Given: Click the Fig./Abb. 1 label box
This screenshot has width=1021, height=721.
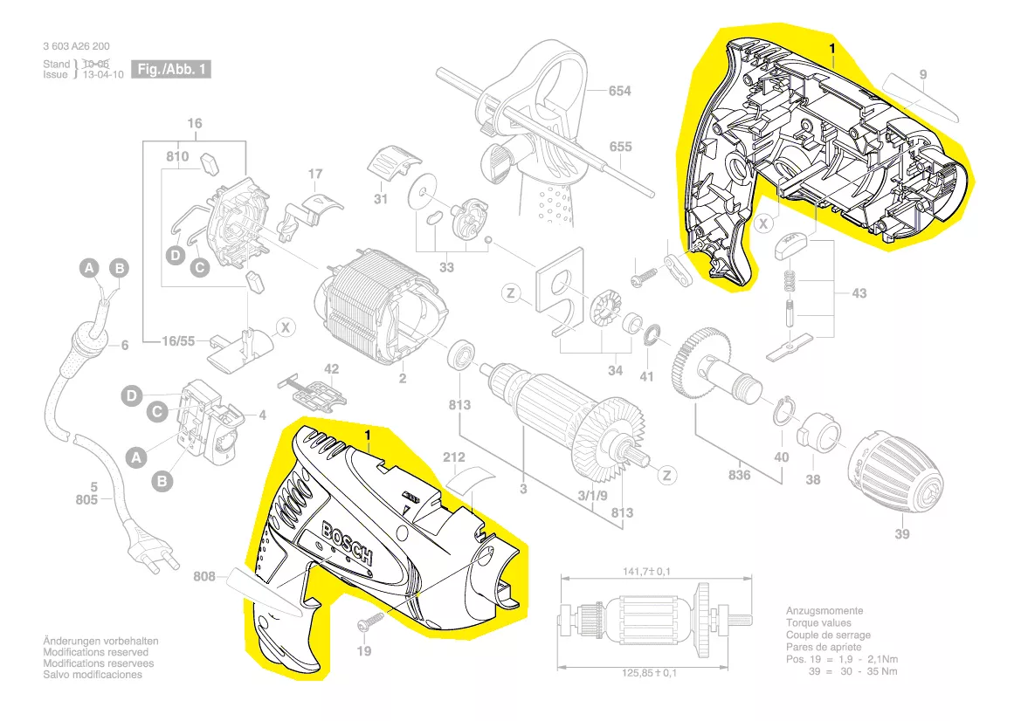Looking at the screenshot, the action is [170, 69].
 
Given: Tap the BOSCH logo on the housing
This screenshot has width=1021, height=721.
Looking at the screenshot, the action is [348, 543].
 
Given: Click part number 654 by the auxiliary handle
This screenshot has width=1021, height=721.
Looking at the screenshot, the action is [619, 91].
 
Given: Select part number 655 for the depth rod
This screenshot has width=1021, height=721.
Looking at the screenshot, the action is [620, 147].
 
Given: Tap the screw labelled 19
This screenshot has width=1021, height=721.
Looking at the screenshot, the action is [372, 621].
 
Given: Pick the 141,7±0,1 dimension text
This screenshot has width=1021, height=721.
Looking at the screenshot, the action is [646, 572].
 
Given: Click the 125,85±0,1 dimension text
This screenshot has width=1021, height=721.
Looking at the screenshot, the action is [649, 673].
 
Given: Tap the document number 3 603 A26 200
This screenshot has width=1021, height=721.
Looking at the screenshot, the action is [76, 46].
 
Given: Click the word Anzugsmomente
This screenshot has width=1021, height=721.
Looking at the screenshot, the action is [824, 611].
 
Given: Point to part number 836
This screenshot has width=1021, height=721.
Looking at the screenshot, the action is [739, 475].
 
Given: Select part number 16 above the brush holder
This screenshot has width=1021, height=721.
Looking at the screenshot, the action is [194, 123].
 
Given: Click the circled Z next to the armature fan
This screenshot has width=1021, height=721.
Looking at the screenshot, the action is [666, 475].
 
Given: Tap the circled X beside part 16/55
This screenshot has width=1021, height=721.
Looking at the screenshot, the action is [286, 327].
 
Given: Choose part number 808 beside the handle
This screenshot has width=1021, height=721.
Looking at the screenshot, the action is [204, 577].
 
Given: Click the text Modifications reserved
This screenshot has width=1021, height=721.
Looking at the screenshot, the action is [96, 652].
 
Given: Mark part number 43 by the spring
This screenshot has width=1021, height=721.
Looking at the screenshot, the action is [859, 293].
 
